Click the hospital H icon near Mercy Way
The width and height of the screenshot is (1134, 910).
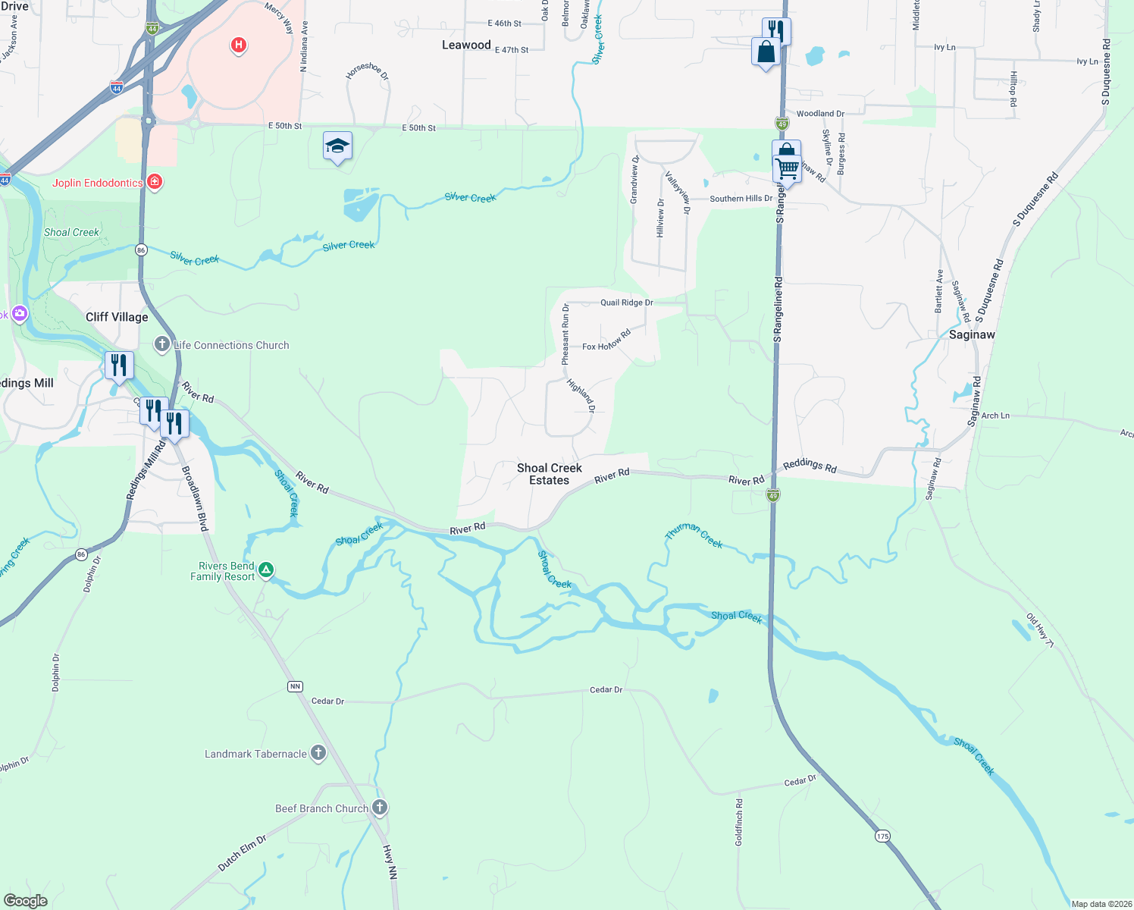click(239, 45)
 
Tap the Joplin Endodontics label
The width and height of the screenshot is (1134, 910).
click(98, 183)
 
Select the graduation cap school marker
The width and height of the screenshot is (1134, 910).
click(337, 146)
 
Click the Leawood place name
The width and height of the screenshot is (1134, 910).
click(466, 45)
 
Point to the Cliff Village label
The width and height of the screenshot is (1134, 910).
click(117, 317)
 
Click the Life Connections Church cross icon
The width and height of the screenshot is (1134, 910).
click(161, 345)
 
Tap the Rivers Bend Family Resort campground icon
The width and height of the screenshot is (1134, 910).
click(266, 570)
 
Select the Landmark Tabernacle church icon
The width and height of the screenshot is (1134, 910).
click(318, 753)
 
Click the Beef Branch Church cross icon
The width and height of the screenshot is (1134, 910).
click(380, 808)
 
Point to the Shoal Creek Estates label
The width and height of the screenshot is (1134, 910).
click(550, 474)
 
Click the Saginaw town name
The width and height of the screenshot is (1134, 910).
click(972, 334)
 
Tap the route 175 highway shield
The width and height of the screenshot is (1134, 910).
click(882, 836)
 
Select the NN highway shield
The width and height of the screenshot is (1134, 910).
click(295, 686)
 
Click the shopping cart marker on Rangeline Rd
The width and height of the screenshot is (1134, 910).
click(788, 168)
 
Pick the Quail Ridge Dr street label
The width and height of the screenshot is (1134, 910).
click(626, 303)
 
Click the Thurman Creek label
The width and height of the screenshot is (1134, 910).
click(694, 535)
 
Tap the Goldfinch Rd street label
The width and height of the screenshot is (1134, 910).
click(739, 821)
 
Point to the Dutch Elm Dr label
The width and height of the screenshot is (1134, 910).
click(242, 852)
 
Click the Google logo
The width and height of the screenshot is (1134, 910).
click(25, 901)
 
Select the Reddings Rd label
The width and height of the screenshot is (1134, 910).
click(810, 465)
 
